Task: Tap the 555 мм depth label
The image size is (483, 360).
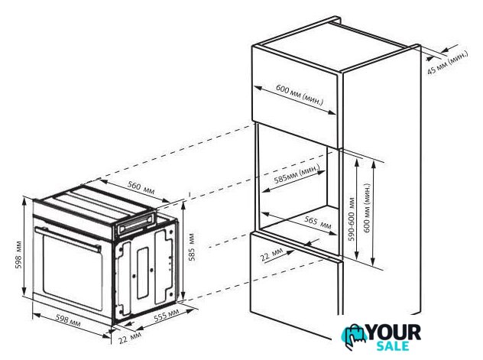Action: (x=167, y=316)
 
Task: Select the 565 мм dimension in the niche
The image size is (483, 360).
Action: (x=318, y=222)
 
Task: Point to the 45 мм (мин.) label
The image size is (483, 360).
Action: (x=448, y=63)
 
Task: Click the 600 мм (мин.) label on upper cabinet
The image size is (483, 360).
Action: (x=300, y=95)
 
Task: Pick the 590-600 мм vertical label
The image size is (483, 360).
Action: (x=352, y=219)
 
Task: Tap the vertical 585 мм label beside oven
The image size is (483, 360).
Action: (x=192, y=247)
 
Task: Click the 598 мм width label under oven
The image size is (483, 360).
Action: (x=68, y=320)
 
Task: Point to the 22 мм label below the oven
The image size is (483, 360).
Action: (x=130, y=338)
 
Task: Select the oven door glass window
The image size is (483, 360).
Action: (x=73, y=272)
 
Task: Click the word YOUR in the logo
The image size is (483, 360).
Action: (x=394, y=333)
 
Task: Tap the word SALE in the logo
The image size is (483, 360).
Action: (x=393, y=345)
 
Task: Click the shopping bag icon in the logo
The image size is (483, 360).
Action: (x=354, y=336)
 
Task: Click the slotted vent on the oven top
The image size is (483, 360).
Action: (x=136, y=224)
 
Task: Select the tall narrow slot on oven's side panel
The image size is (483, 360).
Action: (x=143, y=273)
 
